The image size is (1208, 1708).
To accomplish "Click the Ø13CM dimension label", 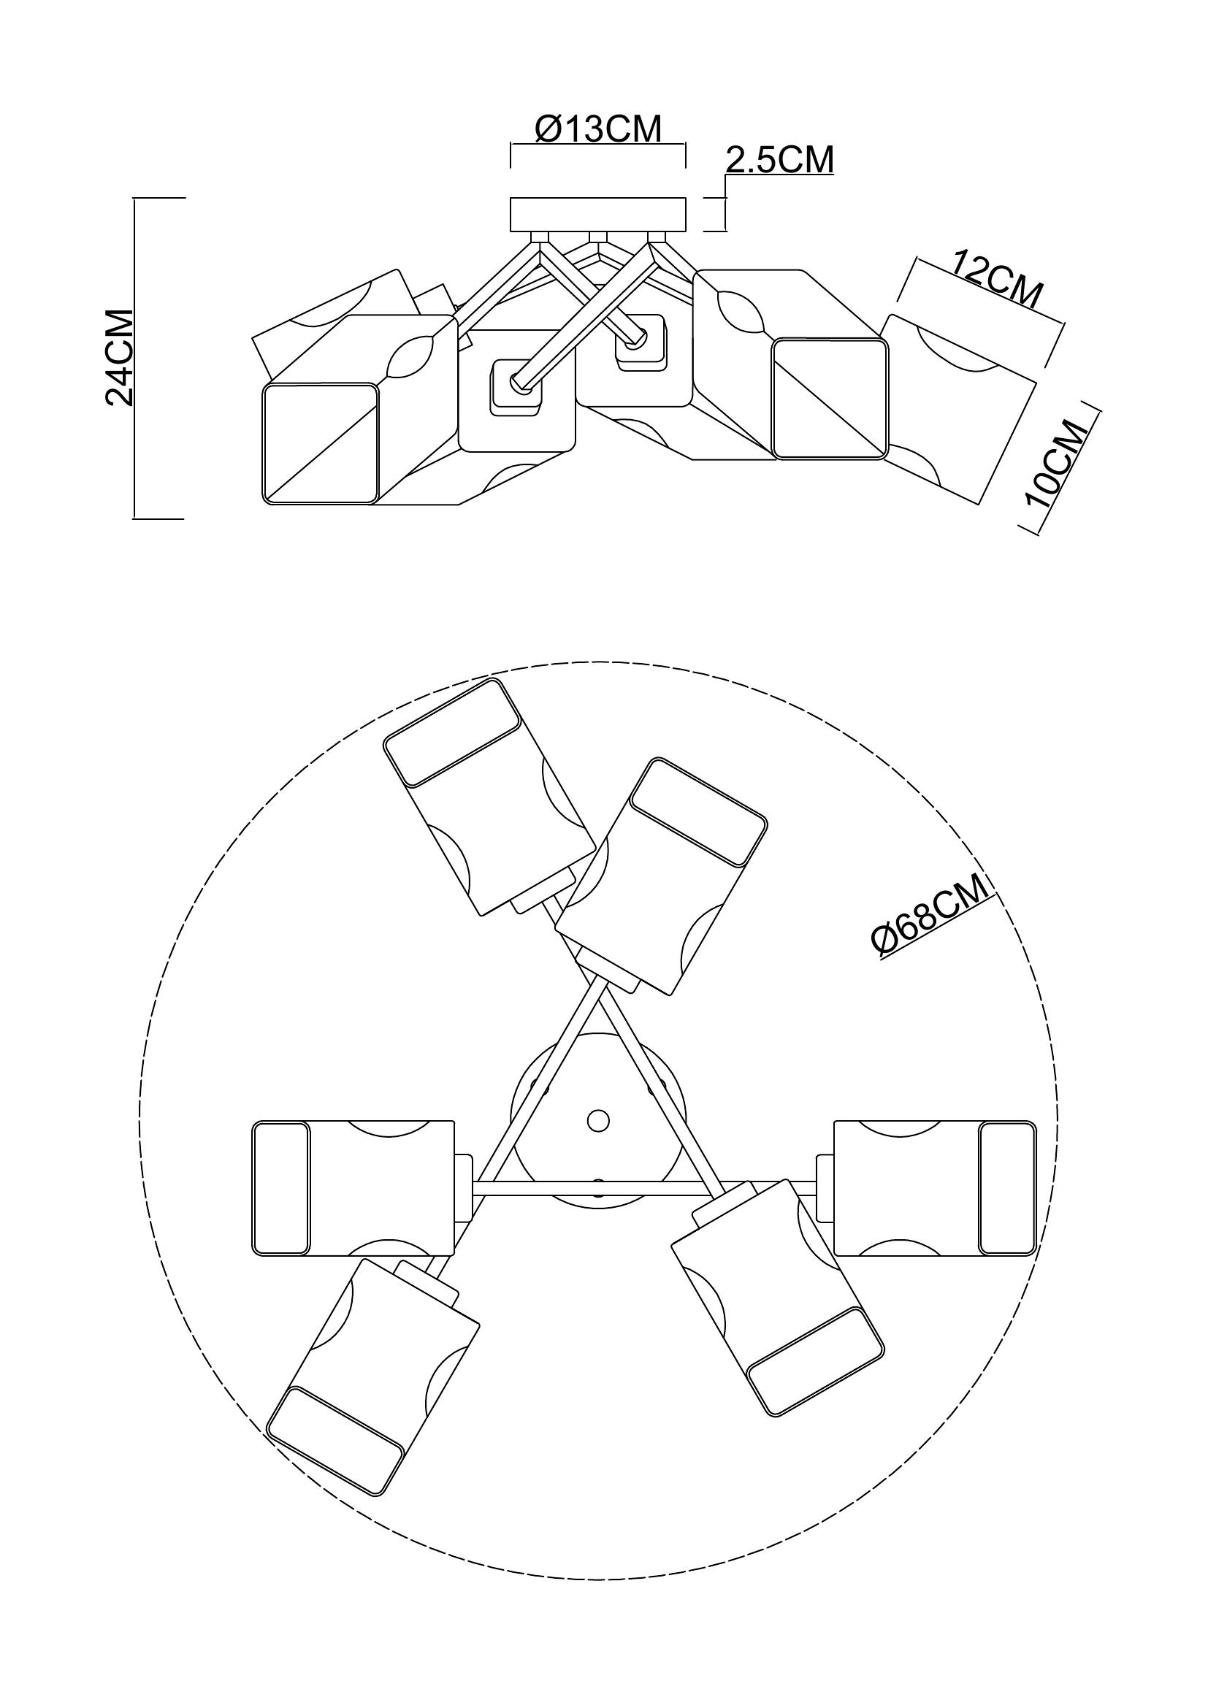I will tap(597, 129).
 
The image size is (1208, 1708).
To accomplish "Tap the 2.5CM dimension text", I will tap(779, 160).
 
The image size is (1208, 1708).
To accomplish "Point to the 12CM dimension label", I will tap(997, 280).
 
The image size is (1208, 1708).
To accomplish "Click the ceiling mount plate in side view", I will tap(597, 213).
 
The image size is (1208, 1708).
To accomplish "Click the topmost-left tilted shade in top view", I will tap(490, 797).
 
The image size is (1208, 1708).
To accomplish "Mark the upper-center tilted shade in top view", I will tap(661, 877).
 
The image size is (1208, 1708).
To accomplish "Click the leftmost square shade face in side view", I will tap(320, 443).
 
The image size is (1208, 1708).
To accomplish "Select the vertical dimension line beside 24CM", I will tap(134, 357).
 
